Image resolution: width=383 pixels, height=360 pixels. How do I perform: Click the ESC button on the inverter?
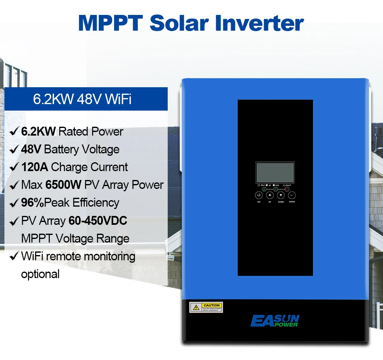click(259, 195)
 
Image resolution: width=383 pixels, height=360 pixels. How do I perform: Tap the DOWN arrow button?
click(281, 195)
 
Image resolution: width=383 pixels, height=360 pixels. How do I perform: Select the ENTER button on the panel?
click(292, 195)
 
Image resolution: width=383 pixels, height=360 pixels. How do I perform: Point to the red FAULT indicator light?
click(287, 189)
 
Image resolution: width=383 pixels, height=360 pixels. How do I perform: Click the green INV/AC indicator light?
click(264, 189)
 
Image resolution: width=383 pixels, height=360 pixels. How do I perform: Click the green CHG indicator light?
click(276, 189)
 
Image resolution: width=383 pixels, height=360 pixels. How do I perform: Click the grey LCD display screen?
click(275, 173)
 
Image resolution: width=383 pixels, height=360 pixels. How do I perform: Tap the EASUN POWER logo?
click(274, 320)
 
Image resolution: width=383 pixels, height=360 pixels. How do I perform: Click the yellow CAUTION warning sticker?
click(206, 307)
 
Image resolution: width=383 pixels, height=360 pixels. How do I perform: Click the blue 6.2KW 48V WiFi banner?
click(83, 99)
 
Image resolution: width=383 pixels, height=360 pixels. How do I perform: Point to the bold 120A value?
click(34, 167)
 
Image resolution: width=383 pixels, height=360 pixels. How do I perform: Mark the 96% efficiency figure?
click(32, 203)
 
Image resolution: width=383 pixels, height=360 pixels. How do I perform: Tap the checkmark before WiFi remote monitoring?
click(14, 256)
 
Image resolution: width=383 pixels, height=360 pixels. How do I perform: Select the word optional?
click(40, 274)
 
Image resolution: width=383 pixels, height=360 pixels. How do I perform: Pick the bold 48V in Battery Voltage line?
click(31, 149)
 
